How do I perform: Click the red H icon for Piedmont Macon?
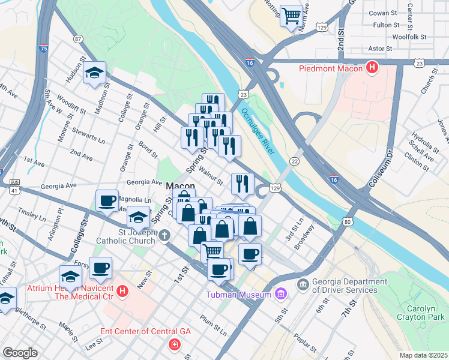pyautogui.click(x=373, y=68)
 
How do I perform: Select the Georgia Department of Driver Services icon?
pyautogui.click(x=302, y=283)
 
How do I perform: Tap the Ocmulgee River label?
pyautogui.click(x=258, y=131)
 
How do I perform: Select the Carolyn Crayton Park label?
pyautogui.click(x=423, y=310)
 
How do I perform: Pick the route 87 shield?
pyautogui.click(x=78, y=39)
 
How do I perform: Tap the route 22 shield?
pyautogui.click(x=294, y=161)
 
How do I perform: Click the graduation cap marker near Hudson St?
pyautogui.click(x=95, y=73)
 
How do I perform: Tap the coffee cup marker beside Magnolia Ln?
pyautogui.click(x=107, y=201)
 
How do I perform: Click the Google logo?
pyautogui.click(x=20, y=353)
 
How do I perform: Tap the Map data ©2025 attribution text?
pyautogui.click(x=423, y=355)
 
